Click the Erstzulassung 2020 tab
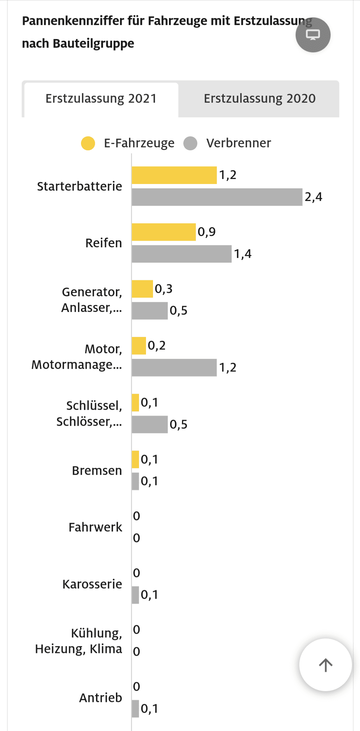tap(259, 99)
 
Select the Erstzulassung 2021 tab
tap(101, 99)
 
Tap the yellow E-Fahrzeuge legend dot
tap(88, 143)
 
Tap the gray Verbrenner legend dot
tap(190, 143)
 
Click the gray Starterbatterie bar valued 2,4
tap(217, 197)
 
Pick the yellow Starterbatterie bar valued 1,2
tap(174, 175)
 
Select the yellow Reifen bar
tap(163, 232)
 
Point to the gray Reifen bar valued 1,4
tap(181, 254)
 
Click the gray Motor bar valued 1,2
tap(174, 368)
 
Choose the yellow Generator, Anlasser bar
tap(142, 289)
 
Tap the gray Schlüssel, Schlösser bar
tap(150, 424)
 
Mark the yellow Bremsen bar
tap(135, 459)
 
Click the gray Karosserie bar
tap(135, 595)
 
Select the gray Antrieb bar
tap(135, 709)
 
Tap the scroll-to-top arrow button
tap(325, 665)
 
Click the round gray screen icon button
tap(313, 35)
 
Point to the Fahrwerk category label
tap(95, 527)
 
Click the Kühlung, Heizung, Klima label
tap(79, 641)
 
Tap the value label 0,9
tap(207, 232)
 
